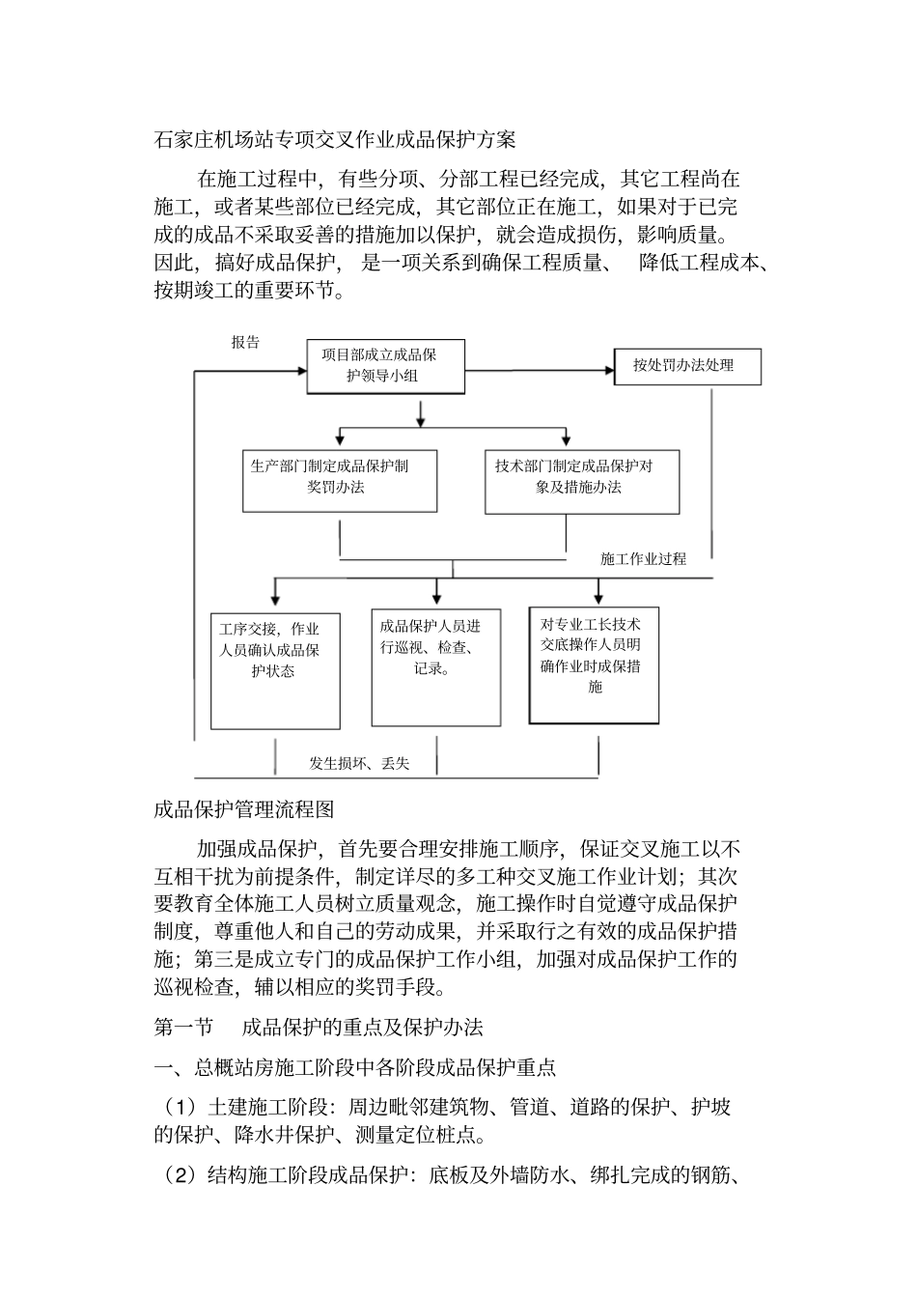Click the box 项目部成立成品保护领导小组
[385, 366]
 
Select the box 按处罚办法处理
[687, 366]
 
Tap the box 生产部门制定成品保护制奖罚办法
[339, 479]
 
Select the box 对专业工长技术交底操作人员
[594, 664]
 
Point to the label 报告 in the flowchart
[245, 342]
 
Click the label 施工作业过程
[643, 558]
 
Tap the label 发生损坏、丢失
[359, 763]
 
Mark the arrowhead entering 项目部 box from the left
[300, 368]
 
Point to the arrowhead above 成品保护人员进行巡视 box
[436, 599]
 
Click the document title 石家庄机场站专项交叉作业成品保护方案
[335, 139]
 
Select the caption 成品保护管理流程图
[244, 808]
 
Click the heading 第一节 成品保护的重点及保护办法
[319, 1028]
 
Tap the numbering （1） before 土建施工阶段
[177, 1107]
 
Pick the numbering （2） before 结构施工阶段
[177, 1175]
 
